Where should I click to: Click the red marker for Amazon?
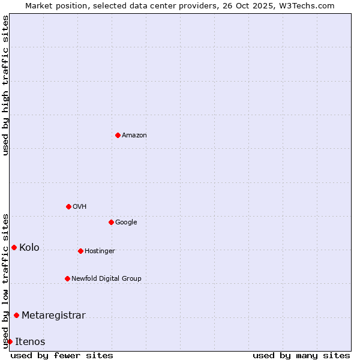tap(118, 135)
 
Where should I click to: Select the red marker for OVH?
tap(68, 206)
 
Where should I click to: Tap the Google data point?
tap(111, 222)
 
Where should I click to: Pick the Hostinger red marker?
tap(80, 251)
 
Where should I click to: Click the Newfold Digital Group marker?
tap(67, 278)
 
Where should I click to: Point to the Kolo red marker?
tap(14, 247)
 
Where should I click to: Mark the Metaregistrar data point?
tap(16, 315)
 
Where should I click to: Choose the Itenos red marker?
tap(10, 341)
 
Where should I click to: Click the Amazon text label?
tap(134, 136)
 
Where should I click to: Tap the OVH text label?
tap(80, 207)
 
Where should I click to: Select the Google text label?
tap(126, 223)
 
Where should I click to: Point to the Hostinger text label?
tap(100, 251)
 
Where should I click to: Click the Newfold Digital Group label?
tap(106, 279)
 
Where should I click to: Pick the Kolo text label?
tap(29, 248)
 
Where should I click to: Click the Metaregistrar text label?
tap(53, 316)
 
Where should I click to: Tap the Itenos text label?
tap(30, 342)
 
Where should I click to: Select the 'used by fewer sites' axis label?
tap(62, 355)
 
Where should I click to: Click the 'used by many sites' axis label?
tap(301, 355)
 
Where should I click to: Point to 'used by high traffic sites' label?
tap(5, 85)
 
